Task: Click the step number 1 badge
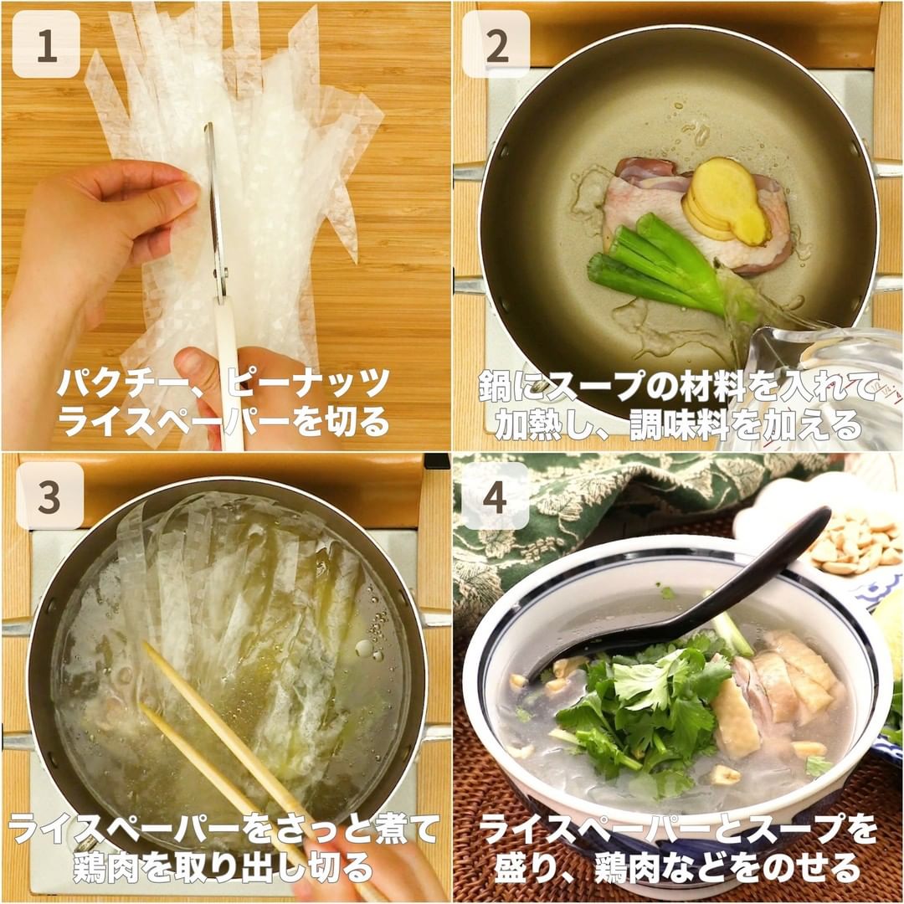(46, 44)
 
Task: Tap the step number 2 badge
(496, 44)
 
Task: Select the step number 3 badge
(49, 496)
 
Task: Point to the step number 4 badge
(496, 496)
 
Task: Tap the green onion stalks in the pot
(657, 263)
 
